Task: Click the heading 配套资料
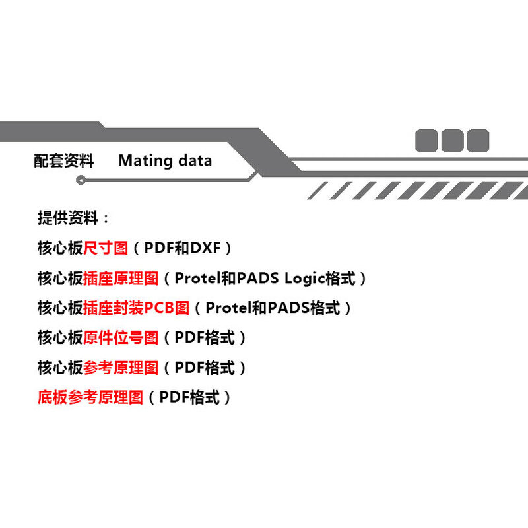(x=64, y=160)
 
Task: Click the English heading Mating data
(x=165, y=160)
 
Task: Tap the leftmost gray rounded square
(x=426, y=141)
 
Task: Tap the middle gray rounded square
(x=452, y=141)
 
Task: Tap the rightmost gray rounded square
(x=477, y=141)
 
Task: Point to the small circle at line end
(x=81, y=180)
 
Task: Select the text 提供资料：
(x=74, y=218)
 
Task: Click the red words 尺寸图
(x=106, y=248)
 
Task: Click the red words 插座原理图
(x=121, y=278)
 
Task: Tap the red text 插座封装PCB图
(x=137, y=308)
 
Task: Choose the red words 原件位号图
(x=121, y=337)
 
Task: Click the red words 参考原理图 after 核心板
(x=121, y=368)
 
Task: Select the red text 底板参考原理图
(x=90, y=397)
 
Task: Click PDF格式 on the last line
(x=189, y=397)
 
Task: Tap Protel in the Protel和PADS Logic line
(x=197, y=278)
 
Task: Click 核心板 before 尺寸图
(x=60, y=248)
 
